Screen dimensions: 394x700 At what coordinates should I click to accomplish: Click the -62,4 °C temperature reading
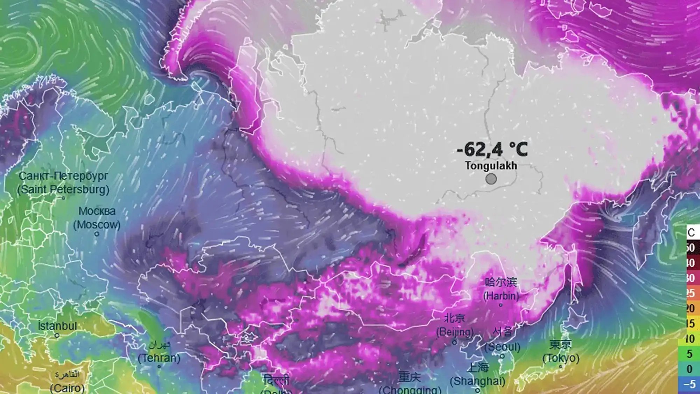(x=492, y=150)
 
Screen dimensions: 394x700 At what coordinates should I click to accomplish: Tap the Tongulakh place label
(x=491, y=166)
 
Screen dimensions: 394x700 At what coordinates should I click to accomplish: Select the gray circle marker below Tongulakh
(x=491, y=179)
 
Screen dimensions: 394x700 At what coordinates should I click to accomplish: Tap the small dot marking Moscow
(x=97, y=234)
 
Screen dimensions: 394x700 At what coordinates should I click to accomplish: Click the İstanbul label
(x=57, y=326)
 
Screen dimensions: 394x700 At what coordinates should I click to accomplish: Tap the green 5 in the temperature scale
(x=689, y=354)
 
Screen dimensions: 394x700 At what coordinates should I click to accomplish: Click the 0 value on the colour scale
(x=689, y=369)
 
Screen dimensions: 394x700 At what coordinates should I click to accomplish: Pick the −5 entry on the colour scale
(x=689, y=384)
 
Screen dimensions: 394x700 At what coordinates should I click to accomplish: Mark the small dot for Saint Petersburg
(x=63, y=198)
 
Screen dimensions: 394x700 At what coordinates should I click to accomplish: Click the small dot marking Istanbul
(x=57, y=336)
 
